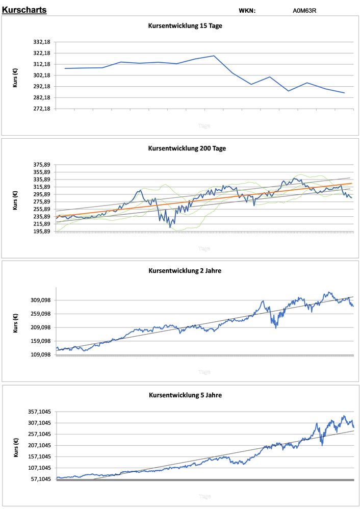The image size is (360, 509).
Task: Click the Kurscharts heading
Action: pos(24,9)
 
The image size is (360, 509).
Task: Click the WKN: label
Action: pos(247,10)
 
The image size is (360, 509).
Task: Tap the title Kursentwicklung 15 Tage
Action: pos(185,26)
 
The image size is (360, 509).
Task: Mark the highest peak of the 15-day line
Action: pos(214,56)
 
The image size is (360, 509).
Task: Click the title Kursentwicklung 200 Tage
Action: pos(187,148)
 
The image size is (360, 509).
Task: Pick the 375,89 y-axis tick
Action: pos(41,165)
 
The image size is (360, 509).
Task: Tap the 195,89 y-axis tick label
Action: pos(41,232)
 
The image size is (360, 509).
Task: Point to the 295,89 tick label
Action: pos(41,194)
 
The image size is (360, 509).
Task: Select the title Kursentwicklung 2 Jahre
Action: pos(185,270)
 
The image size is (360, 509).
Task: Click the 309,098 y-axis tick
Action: pos(40,300)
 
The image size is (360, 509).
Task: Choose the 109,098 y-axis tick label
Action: pos(40,355)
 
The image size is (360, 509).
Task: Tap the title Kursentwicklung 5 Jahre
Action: pos(185,395)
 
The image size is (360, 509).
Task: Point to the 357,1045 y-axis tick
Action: pos(39,412)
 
